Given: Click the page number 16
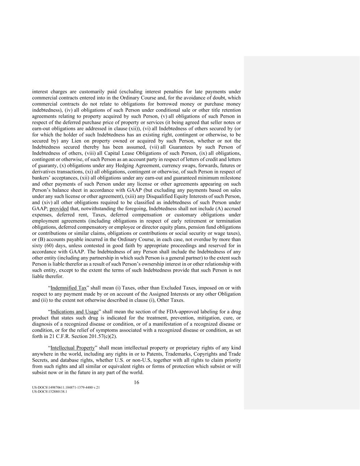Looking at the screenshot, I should [x=136, y=382].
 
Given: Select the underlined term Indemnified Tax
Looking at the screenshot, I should [x=69, y=288].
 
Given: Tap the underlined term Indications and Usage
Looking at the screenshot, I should [x=74, y=312].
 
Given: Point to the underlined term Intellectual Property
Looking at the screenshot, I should [x=73, y=348].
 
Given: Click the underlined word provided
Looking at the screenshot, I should [x=59, y=209].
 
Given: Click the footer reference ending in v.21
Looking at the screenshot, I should [x=66, y=387].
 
